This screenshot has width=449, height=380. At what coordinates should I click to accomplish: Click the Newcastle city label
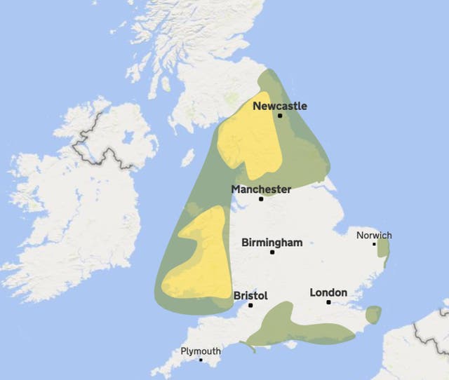click(279, 106)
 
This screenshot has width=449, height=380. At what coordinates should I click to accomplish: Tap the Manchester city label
click(261, 189)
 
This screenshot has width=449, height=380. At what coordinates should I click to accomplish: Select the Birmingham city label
click(272, 243)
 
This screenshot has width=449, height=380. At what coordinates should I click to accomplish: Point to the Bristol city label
click(250, 296)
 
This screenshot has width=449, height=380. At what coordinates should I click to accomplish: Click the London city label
click(328, 292)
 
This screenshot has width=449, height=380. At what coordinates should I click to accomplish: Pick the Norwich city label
click(374, 235)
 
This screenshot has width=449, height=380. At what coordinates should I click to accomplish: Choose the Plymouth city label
click(201, 351)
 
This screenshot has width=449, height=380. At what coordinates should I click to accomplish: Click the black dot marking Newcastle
click(280, 116)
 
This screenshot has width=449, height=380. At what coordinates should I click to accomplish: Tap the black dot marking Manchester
click(261, 199)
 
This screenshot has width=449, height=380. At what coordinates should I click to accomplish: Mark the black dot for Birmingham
click(272, 252)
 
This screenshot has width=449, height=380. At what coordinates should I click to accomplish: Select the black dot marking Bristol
click(250, 306)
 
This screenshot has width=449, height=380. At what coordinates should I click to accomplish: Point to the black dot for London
click(328, 302)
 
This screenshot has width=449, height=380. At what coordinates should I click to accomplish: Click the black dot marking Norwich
click(374, 244)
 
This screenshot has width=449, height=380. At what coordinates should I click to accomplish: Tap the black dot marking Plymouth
click(201, 360)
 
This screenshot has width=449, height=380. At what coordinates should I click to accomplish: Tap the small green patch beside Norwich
click(383, 249)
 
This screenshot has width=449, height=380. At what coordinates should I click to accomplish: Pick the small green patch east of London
click(373, 315)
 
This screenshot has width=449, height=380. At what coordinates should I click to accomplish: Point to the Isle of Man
click(187, 158)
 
